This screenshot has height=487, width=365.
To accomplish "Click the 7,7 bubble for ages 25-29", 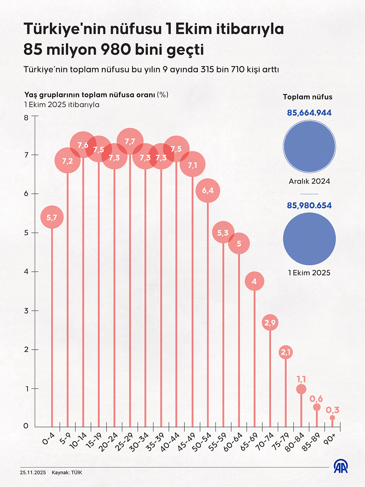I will (130, 141).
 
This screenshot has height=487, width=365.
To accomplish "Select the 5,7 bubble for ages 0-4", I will (52, 217).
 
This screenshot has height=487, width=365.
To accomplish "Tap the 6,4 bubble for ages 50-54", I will (208, 190).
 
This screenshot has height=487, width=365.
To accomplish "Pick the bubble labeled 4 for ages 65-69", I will (254, 281).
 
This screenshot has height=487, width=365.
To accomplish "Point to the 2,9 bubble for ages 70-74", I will (270, 323).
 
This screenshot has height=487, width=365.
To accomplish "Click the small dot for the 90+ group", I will (332, 418).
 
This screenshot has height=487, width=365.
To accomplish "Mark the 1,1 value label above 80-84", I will (301, 379).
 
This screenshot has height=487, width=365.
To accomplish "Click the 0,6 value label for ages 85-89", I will (316, 399).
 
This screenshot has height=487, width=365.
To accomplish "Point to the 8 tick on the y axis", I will (26, 118).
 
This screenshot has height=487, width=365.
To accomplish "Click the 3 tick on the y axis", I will (26, 311).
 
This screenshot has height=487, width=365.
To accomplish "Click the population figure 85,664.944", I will (309, 113).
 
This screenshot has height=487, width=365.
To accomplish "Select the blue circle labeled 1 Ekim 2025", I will (309, 239).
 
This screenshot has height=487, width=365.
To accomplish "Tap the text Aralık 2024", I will (309, 181).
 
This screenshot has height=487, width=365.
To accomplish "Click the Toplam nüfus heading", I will (308, 97).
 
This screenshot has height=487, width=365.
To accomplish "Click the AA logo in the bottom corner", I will (341, 467).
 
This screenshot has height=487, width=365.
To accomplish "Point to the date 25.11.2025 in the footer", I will (33, 473).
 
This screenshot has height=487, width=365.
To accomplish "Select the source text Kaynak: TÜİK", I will (67, 473).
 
